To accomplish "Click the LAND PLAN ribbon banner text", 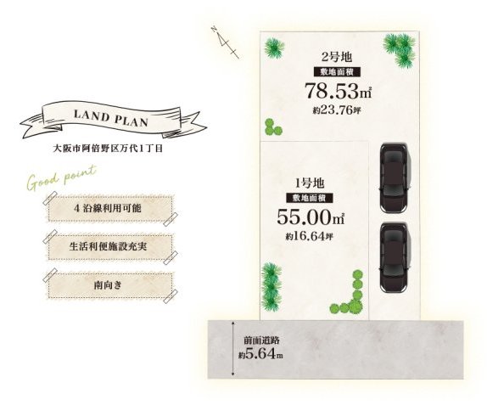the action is coord(110,118).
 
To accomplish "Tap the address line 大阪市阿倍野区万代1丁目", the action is coord(108,149).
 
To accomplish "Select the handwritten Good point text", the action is coord(61,177).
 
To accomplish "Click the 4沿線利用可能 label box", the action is coord(110,208).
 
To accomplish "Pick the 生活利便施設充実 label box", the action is coord(110,247).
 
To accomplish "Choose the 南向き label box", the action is coord(110,285).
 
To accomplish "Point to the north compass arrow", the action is coord(226,42).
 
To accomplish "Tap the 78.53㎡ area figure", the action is coord(338,91).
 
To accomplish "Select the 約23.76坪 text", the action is coord(337,110).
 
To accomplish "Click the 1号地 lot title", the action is coord(310,183).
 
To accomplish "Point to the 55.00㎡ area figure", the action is coord(311,217).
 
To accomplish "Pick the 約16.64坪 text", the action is coord(310,236).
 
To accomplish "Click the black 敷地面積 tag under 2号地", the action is coord(337,72).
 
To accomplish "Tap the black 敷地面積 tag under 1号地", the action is coord(310,198).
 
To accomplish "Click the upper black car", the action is coord(394,177).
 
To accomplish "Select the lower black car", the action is coord(394,257).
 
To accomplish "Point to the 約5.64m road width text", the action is coord(260,354).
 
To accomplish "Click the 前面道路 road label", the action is coord(261,340).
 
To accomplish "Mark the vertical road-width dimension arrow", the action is coord(233,349).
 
